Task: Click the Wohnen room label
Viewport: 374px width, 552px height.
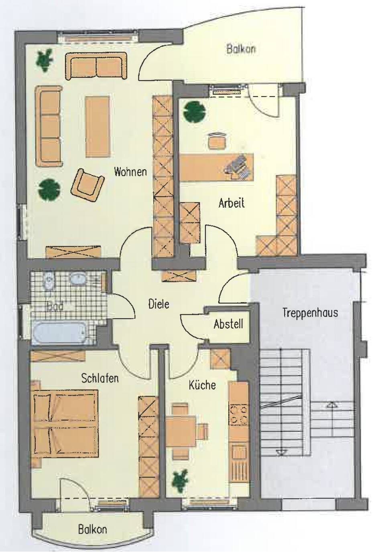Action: pyautogui.click(x=130, y=172)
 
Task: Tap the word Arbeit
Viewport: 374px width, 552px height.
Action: pyautogui.click(x=232, y=203)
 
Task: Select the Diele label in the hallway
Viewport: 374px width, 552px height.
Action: pyautogui.click(x=159, y=304)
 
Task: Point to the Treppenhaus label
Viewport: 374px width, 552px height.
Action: pyautogui.click(x=310, y=313)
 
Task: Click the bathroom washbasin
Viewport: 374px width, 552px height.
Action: pyautogui.click(x=78, y=279)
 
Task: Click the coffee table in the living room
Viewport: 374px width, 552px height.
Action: pyautogui.click(x=97, y=127)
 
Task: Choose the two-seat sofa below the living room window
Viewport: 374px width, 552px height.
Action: pyautogui.click(x=96, y=66)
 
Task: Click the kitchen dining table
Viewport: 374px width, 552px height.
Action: pyautogui.click(x=181, y=431)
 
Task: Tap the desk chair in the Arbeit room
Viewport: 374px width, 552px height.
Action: pyautogui.click(x=217, y=141)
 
